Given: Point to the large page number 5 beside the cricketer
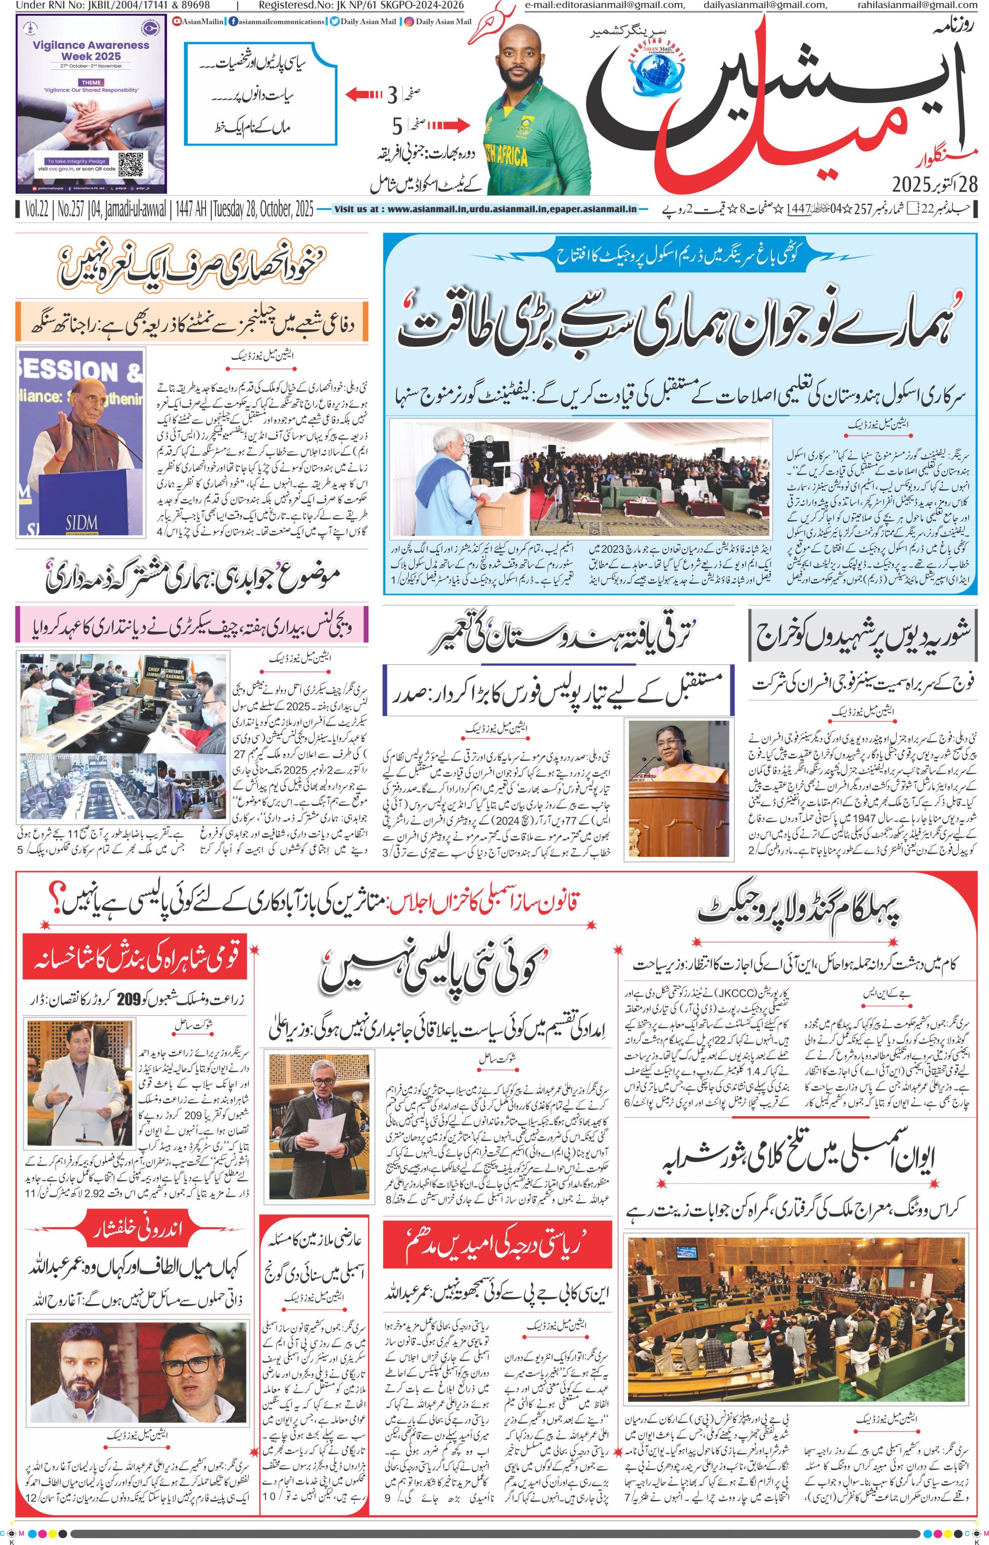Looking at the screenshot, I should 398,125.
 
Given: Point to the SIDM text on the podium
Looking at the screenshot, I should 81,523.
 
